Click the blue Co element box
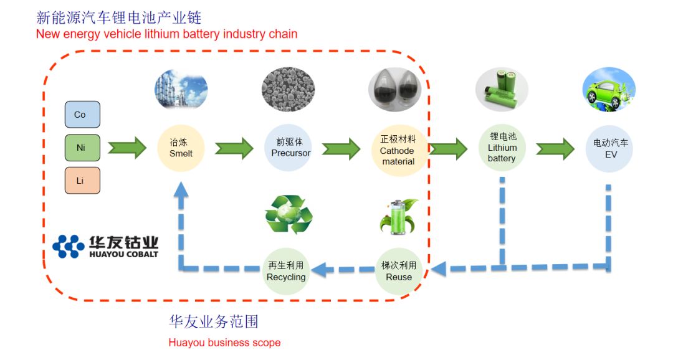[82, 115]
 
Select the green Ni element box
[82, 148]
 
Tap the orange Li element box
[82, 180]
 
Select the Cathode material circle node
[398, 149]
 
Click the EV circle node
[610, 149]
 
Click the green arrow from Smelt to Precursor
[234, 148]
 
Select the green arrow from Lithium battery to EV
[555, 148]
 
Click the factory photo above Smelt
[181, 90]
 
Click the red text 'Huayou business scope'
[224, 343]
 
